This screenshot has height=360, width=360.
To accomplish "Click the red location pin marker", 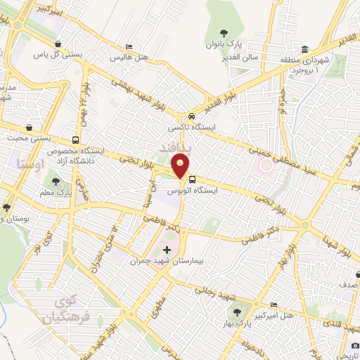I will pos(181,167).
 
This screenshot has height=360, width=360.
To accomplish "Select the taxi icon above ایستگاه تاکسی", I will pos(191,117).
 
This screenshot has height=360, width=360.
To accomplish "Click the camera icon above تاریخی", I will pos(355,345).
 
